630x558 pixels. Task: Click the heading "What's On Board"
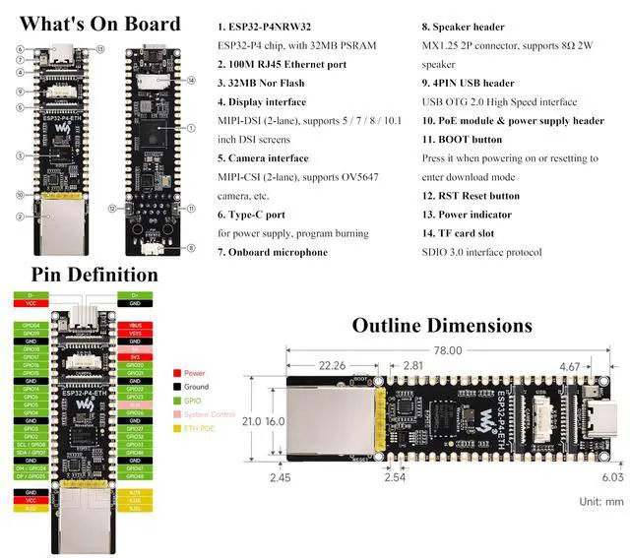coord(99,24)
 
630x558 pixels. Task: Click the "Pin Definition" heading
coord(94,275)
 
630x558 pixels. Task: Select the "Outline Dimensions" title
coord(442,325)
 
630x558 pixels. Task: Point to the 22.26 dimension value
coord(333,366)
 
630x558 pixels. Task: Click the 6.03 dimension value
coord(611,477)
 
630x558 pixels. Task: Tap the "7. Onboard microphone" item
coord(273,252)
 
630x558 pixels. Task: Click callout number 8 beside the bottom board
coord(190,248)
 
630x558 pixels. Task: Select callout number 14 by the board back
coord(191,79)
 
